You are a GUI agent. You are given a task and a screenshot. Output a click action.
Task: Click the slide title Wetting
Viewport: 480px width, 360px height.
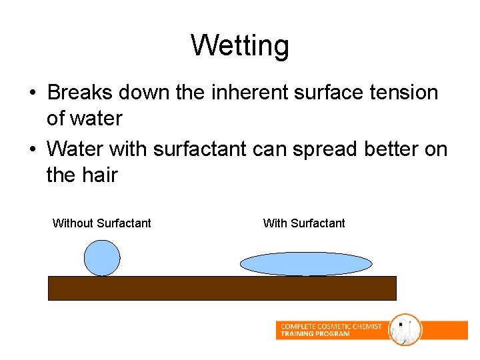(x=240, y=46)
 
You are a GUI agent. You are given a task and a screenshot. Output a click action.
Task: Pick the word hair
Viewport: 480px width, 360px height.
(x=99, y=175)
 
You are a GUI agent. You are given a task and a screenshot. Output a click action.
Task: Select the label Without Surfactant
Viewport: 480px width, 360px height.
(x=101, y=223)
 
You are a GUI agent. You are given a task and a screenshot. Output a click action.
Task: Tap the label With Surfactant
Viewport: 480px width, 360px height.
(x=304, y=223)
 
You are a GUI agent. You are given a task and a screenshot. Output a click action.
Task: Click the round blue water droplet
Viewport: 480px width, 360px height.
(x=102, y=258)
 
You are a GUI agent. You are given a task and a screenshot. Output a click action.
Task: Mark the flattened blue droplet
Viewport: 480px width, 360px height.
(x=305, y=264)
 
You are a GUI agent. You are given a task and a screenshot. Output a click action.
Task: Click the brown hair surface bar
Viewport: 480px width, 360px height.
(x=222, y=288)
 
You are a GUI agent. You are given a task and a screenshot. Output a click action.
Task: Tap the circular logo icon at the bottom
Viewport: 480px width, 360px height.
(x=405, y=330)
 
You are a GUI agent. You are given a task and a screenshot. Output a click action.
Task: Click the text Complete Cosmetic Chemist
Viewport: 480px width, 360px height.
(x=331, y=326)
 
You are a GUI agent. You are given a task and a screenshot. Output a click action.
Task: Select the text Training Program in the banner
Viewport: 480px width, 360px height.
(x=315, y=334)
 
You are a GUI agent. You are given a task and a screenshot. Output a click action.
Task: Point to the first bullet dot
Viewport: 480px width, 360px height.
(x=32, y=93)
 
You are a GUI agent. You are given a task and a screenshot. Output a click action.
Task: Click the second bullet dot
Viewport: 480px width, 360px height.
(x=32, y=149)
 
